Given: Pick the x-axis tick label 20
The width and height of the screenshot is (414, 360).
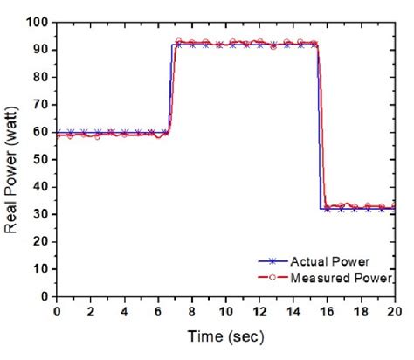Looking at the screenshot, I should [394, 311].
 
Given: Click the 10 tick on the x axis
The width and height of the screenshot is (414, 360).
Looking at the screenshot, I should [225, 311].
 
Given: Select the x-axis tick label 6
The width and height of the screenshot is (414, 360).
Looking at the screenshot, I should [158, 311].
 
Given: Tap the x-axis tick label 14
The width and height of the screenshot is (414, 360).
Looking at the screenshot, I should [293, 311].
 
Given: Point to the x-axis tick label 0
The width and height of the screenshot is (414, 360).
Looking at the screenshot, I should [57, 311].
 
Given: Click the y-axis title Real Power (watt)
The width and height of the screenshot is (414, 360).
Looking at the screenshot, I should [14, 160].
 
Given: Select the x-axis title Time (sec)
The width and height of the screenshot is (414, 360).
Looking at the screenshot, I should [224, 336].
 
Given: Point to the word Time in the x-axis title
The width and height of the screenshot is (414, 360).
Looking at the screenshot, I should [205, 336].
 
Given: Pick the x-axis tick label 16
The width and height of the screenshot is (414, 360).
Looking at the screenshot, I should [327, 311].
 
